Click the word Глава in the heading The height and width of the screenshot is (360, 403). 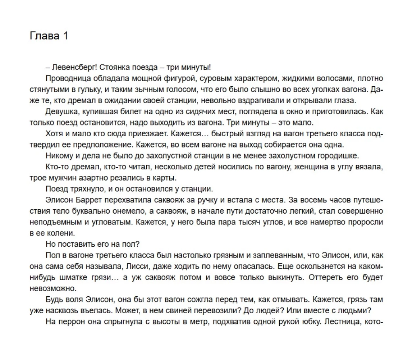click(x=44, y=36)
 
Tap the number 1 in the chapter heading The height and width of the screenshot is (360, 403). click(x=64, y=36)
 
